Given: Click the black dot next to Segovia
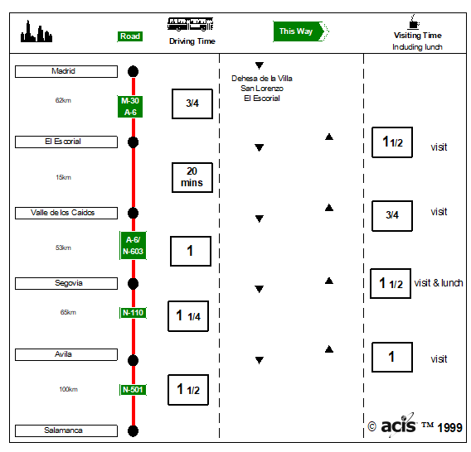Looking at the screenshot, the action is tap(133, 284).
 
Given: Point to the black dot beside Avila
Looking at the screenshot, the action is tap(133, 360).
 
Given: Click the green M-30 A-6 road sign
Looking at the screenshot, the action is tap(130, 107).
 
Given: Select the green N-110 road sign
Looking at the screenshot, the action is tap(133, 313).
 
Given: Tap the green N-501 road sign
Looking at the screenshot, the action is tap(133, 390).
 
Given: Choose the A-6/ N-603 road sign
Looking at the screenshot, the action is tap(133, 245).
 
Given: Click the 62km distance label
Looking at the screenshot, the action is tap(63, 100).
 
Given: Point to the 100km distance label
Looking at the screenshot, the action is tap(68, 389).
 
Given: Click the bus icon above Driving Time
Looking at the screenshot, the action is tap(190, 24).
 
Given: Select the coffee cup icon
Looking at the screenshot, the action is tap(413, 22).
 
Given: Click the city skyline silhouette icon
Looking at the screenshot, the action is tap(36, 31).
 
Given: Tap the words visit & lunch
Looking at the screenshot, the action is tap(439, 283).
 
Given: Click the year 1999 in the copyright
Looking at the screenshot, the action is tap(449, 427).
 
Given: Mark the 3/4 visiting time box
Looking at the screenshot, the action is tap(392, 216).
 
